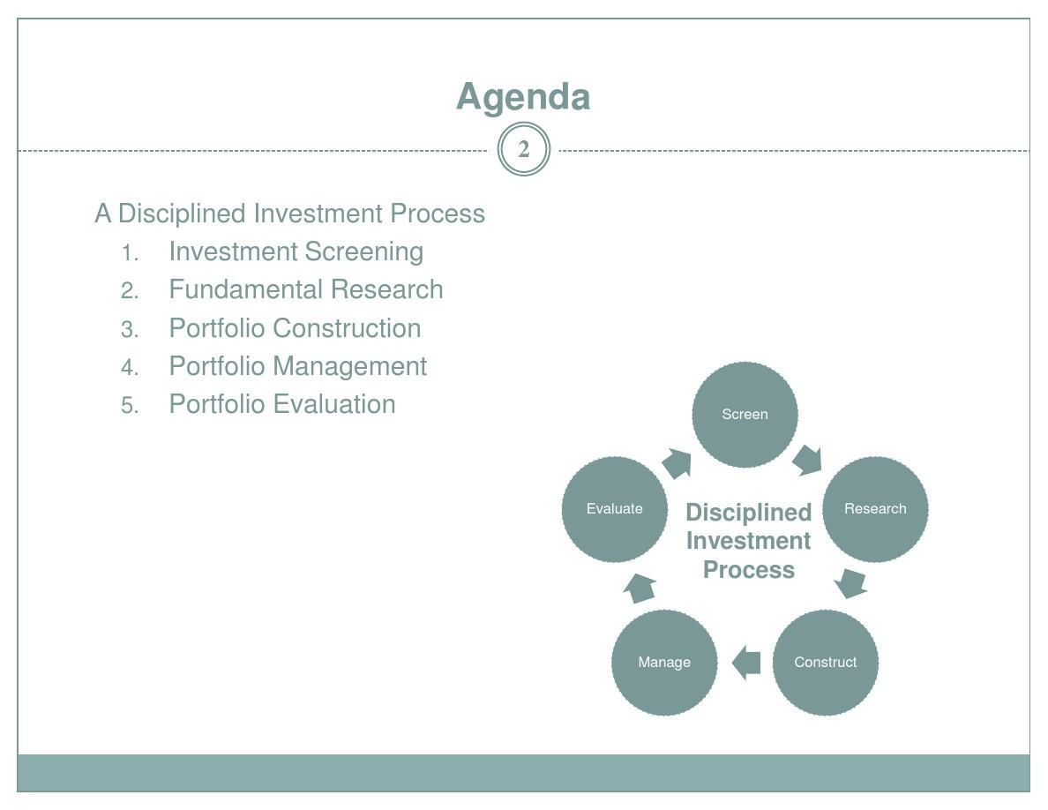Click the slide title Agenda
coord(523,98)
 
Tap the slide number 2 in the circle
coord(524,149)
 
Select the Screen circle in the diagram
coord(745,415)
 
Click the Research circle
coord(875,509)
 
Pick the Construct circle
coord(826,663)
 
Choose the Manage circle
coord(664,663)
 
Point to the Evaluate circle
coord(614,509)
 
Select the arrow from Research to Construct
coord(850,583)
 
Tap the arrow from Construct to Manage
coord(746,663)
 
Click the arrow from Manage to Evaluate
coord(640,588)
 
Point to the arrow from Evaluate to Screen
coord(677,463)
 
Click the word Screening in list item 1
coord(363,252)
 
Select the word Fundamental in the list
coord(247,289)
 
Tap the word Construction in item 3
coord(347,328)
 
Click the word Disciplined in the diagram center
coord(749,513)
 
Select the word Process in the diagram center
coord(749,570)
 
